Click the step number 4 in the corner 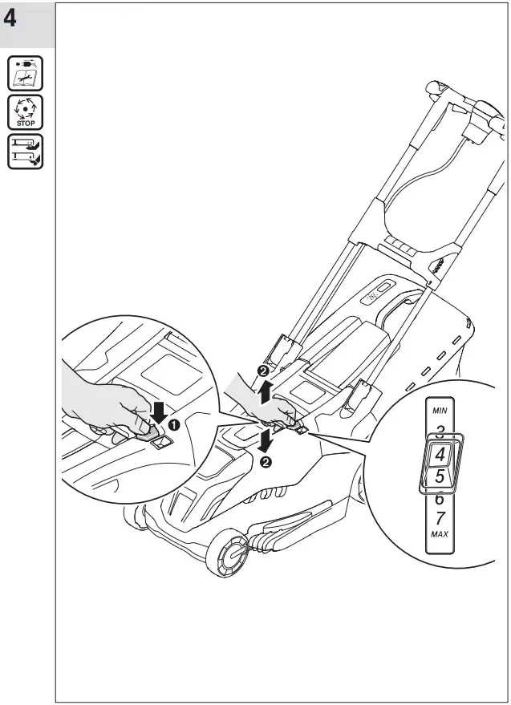pos(11,18)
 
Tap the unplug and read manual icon pos(26,74)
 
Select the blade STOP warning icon pos(26,112)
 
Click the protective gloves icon pos(26,151)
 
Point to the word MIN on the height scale pos(440,410)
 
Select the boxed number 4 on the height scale pos(440,455)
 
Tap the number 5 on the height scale pos(440,477)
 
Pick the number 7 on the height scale pos(440,518)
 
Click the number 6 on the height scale pos(440,499)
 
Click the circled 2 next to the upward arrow pos(263,371)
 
